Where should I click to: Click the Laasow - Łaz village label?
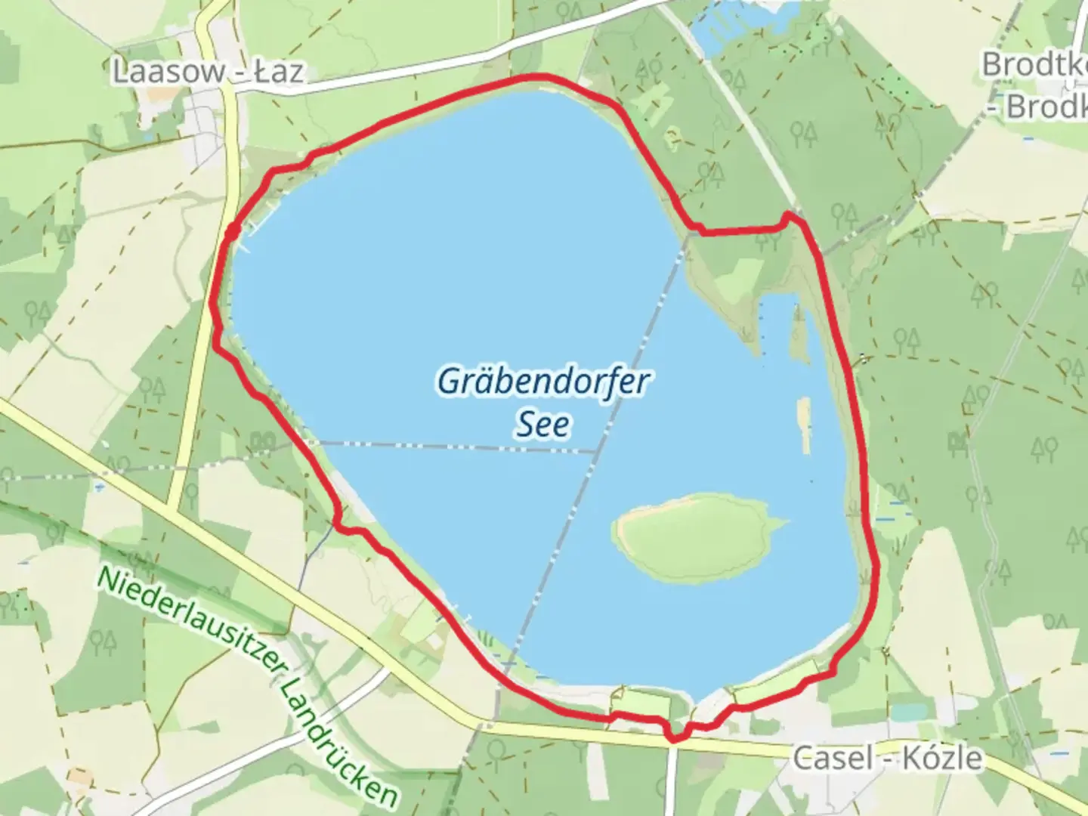click(x=208, y=72)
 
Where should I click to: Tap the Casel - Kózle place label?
click(x=888, y=758)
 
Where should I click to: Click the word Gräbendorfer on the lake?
click(x=542, y=382)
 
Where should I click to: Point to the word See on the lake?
click(x=542, y=425)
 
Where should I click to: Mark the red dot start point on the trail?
click(x=233, y=230)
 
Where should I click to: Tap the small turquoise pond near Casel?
click(x=907, y=712)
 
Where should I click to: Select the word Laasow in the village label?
click(x=168, y=72)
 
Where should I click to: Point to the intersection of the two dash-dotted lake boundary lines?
click(x=598, y=452)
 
